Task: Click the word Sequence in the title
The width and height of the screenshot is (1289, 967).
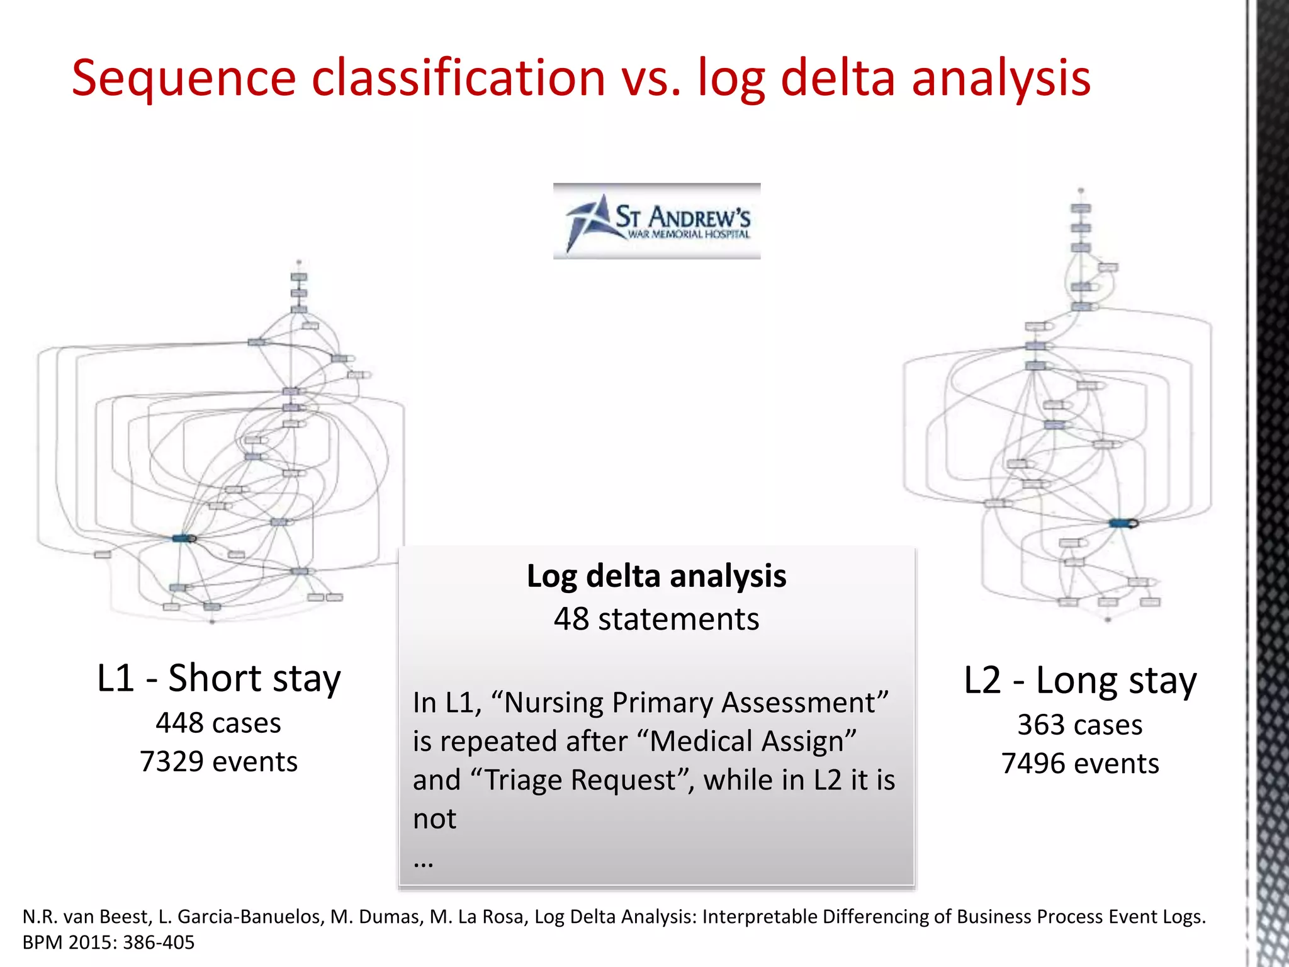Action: click(183, 79)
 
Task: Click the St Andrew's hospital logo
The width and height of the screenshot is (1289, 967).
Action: click(656, 221)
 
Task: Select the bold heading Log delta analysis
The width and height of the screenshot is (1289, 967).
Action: click(656, 576)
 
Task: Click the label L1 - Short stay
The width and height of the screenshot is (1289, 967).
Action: click(218, 679)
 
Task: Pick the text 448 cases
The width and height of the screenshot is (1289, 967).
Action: click(218, 723)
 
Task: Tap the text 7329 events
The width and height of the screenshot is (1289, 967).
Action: click(218, 762)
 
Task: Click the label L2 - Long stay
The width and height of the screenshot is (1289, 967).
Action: click(1080, 681)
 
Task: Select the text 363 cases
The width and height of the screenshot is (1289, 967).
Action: click(1080, 725)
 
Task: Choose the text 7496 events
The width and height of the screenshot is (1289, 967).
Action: click(1080, 764)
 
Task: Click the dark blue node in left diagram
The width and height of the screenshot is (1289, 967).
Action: click(184, 538)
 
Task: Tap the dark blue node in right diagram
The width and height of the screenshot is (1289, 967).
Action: click(1122, 523)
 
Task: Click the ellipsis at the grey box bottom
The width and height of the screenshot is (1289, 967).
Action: click(424, 861)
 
